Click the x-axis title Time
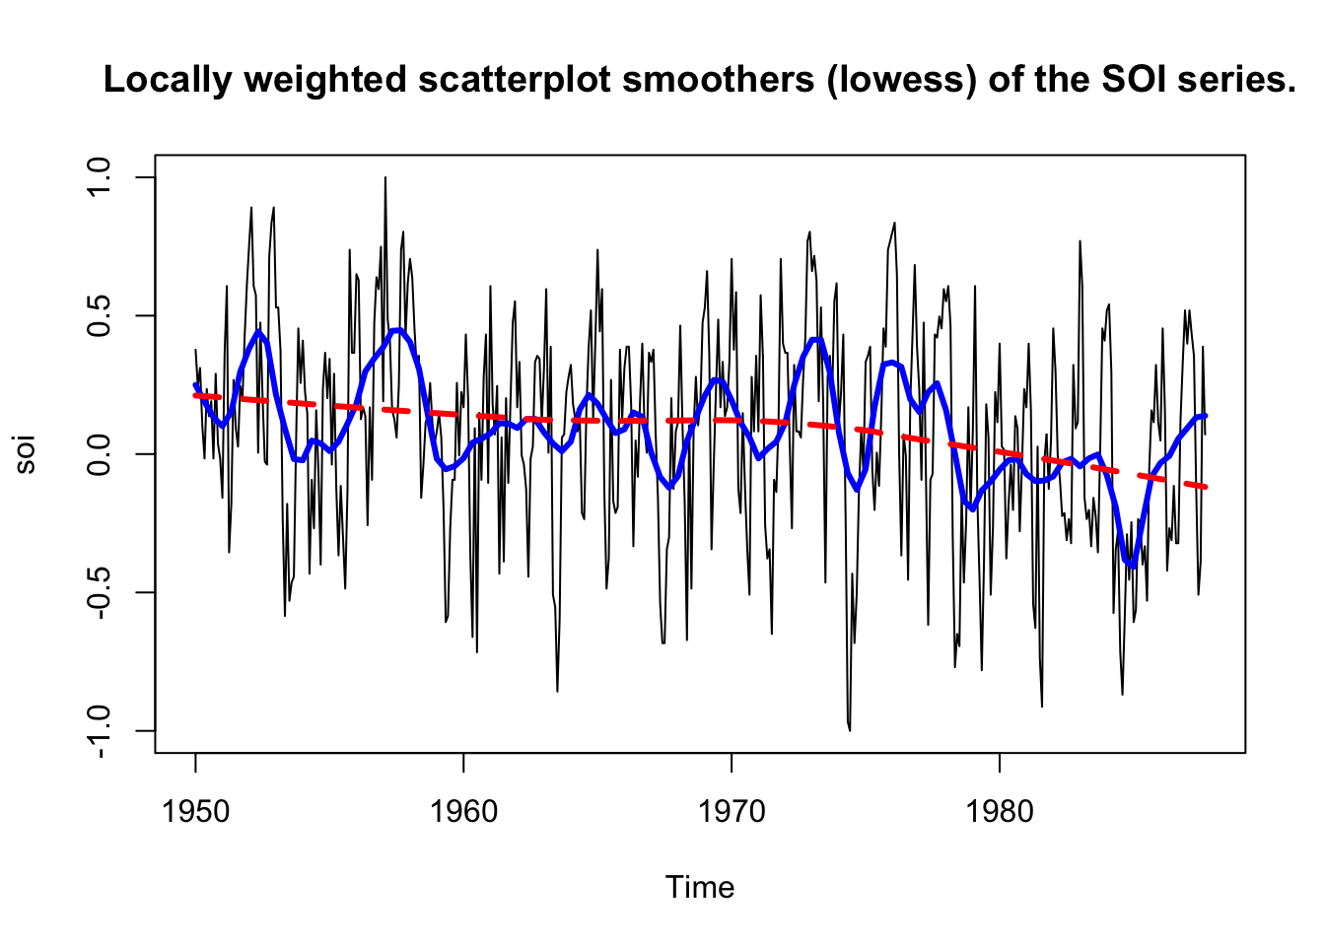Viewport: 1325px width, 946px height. point(700,887)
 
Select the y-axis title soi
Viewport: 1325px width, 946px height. point(26,454)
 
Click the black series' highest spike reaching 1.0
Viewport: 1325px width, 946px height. point(385,178)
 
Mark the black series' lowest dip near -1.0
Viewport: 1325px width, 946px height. point(849,729)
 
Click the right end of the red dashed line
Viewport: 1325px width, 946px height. point(1205,487)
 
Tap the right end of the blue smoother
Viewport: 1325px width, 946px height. point(1205,416)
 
